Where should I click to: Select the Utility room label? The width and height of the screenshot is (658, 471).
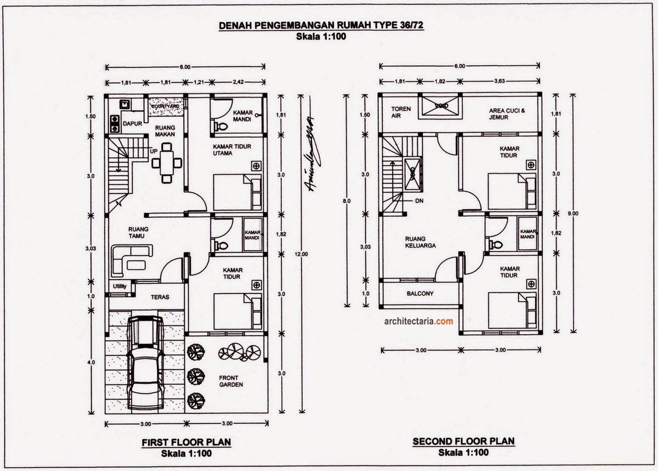pos(120,286)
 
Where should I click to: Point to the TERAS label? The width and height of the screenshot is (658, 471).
pos(159,297)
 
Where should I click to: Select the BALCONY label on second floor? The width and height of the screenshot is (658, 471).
pos(420,294)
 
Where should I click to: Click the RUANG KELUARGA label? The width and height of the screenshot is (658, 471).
pos(420,242)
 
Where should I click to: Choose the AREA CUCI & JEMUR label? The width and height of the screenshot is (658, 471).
pos(507,113)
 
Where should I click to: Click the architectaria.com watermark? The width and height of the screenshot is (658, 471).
pos(419,321)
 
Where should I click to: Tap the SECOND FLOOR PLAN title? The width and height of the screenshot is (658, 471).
pos(463,441)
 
